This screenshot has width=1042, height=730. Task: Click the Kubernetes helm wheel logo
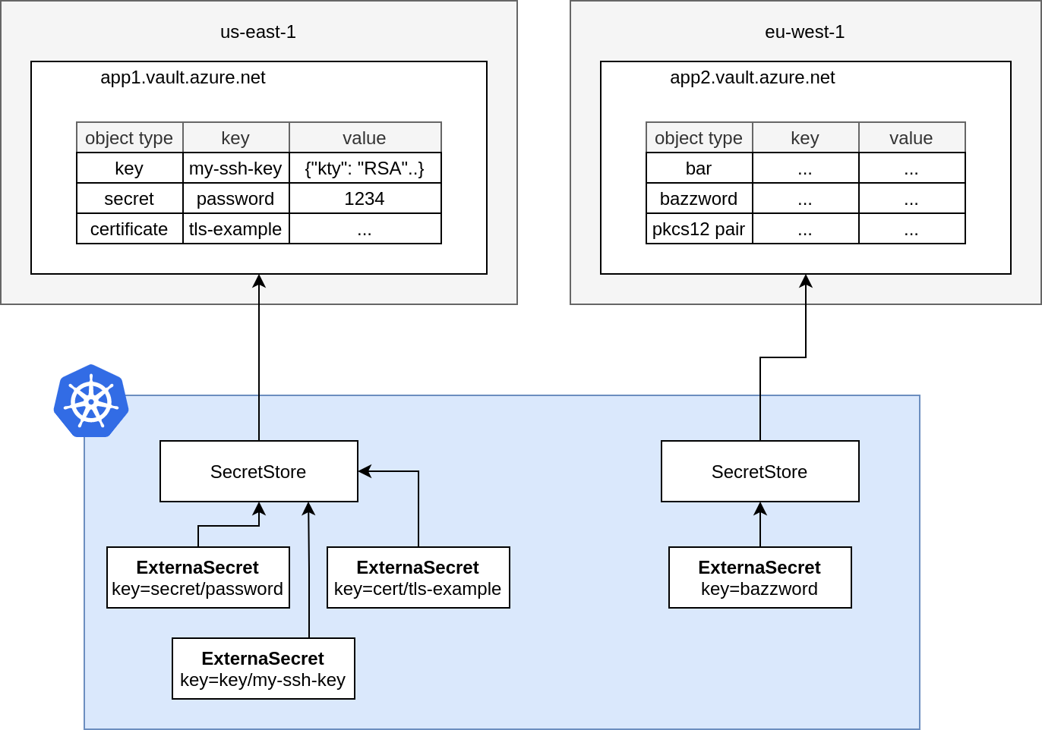point(91,401)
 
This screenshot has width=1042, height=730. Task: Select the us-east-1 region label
point(258,32)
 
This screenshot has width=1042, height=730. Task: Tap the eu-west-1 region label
point(804,32)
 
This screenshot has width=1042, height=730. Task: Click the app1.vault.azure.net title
point(183,77)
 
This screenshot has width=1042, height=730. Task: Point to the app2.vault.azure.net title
point(752,77)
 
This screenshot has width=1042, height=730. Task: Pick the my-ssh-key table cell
point(235,168)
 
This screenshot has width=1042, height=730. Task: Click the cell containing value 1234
point(365,199)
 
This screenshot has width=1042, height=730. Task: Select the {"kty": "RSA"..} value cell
point(365,168)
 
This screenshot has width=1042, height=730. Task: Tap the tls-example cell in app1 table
point(235,229)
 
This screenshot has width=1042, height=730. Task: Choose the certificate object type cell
point(129,229)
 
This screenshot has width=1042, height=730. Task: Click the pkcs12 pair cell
point(699,229)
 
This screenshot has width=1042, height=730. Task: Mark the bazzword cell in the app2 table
point(699,199)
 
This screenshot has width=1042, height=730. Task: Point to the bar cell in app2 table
point(699,168)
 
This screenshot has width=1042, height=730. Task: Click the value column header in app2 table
point(911,138)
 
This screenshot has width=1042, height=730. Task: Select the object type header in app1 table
point(129,138)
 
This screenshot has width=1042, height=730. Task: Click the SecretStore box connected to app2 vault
point(759,471)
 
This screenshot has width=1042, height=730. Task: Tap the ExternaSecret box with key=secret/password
point(197,577)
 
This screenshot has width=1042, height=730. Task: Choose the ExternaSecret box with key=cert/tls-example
point(418,577)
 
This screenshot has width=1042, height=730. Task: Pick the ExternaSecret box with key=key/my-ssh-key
point(263,669)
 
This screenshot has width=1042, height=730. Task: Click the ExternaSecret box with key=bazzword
point(759,577)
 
